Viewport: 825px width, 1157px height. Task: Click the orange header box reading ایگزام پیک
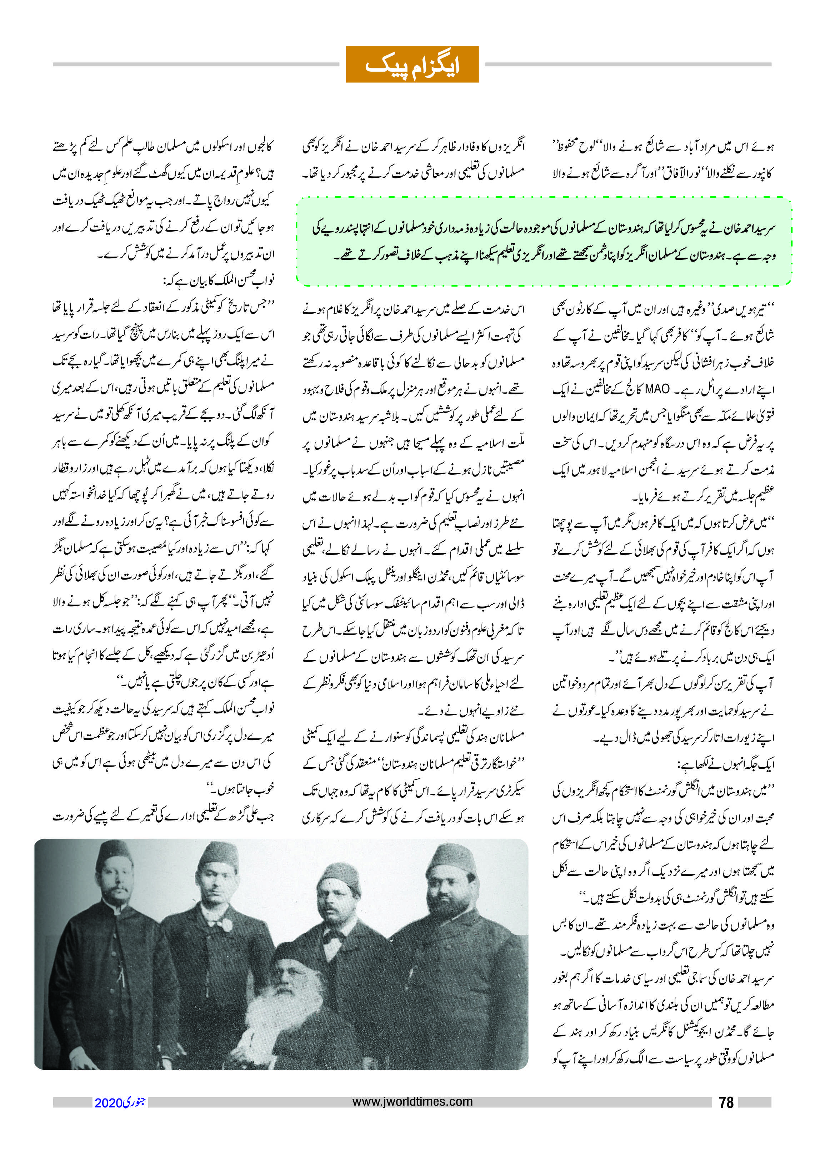tap(412, 65)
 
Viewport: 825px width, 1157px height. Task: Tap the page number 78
tap(726, 1102)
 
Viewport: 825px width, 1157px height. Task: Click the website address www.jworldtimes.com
tap(412, 1101)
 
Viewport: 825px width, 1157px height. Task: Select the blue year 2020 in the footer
tap(108, 1103)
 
